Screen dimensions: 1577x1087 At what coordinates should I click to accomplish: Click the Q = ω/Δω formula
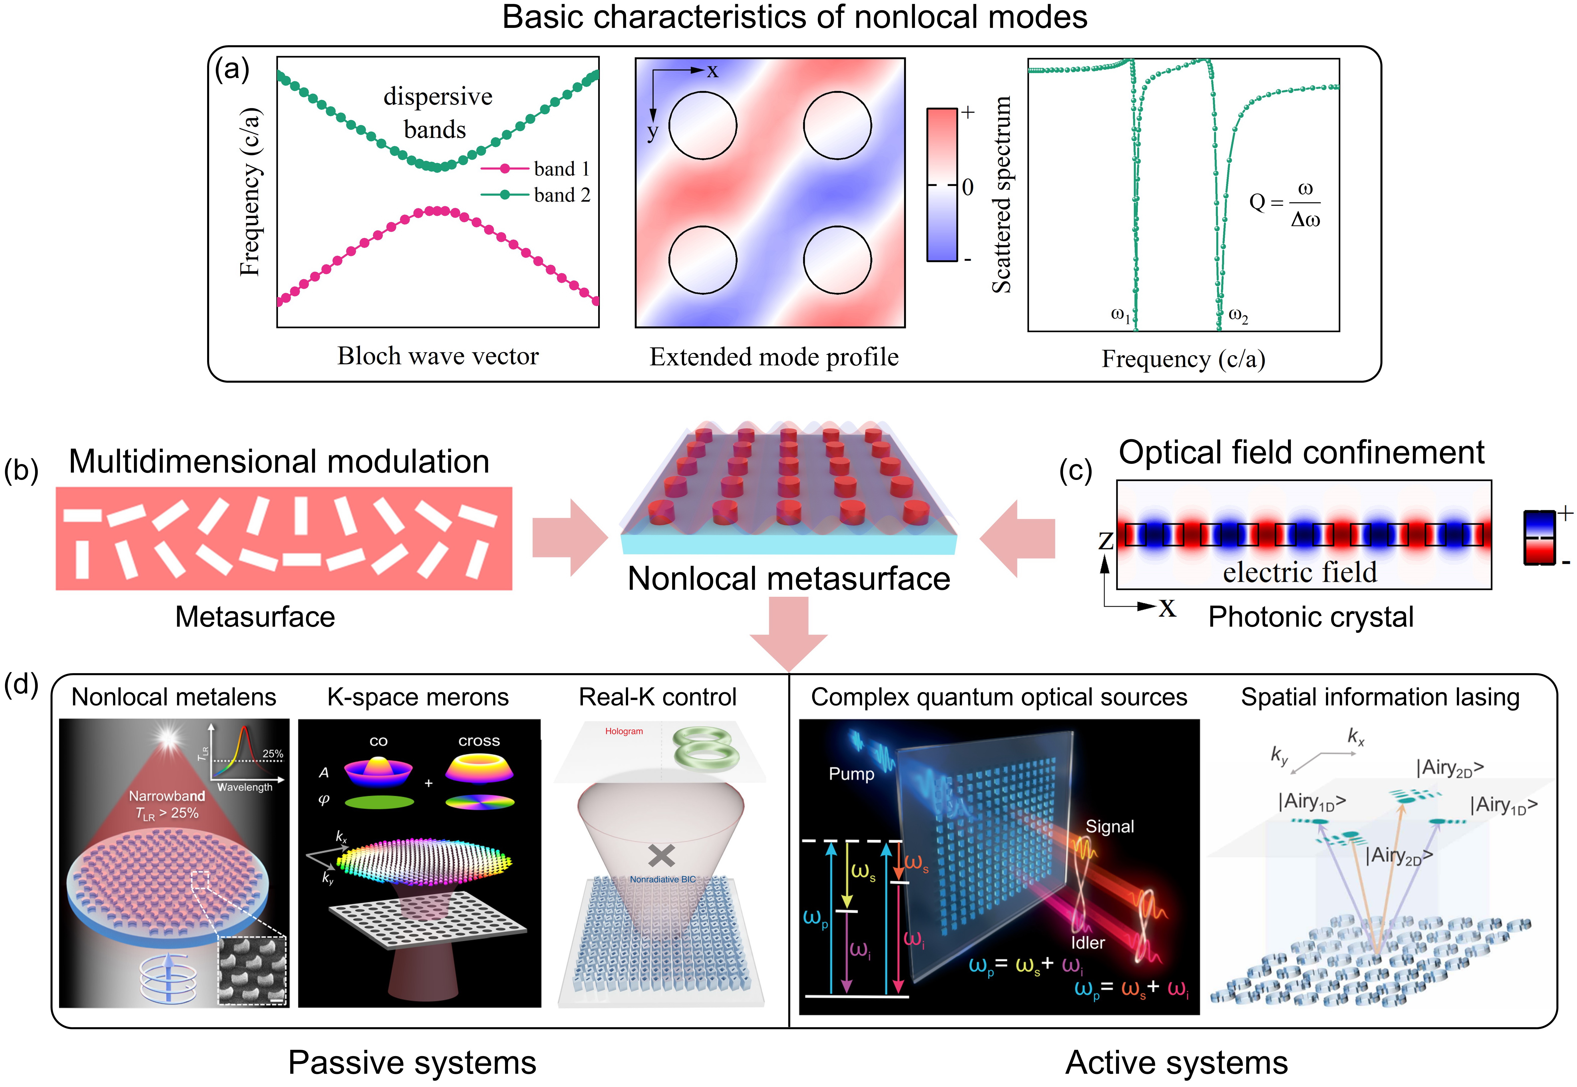point(1285,203)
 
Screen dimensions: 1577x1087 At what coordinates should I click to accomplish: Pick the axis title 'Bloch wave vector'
point(438,356)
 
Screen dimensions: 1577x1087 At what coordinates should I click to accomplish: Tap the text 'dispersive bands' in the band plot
point(437,112)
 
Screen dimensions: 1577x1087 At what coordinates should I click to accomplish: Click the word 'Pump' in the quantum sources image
point(852,774)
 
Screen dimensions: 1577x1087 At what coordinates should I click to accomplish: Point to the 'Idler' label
point(1088,943)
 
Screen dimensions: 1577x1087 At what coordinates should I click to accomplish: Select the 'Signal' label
point(1110,827)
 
